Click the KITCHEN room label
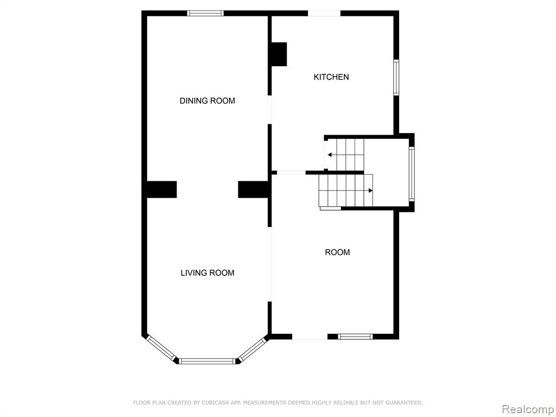coord(331,77)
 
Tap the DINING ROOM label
coord(207,100)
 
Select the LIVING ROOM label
coord(207,273)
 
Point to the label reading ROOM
coord(337,252)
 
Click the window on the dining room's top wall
coord(205,14)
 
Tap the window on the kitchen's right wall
coord(396,77)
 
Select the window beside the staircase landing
coord(412,174)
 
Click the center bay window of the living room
coord(207,361)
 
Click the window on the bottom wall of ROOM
coord(355,337)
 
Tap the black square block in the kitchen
coord(279,54)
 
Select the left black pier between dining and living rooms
coord(162,189)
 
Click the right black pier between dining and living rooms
coord(253,189)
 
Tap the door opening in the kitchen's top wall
coord(324,14)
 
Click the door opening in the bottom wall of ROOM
coord(309,337)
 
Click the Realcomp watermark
coord(528,409)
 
